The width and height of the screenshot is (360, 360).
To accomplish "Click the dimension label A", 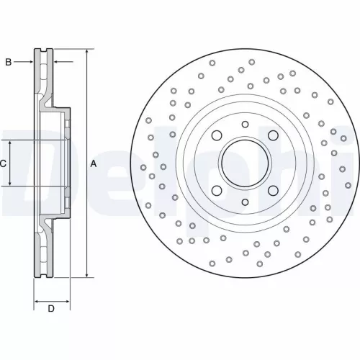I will [x=94, y=164].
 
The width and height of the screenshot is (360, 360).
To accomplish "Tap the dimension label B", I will [x=9, y=62].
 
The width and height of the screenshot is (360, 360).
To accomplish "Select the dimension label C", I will [x=3, y=164].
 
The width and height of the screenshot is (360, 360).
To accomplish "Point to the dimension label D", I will [x=51, y=310].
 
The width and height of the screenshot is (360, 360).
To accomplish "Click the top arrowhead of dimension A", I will [x=86, y=53].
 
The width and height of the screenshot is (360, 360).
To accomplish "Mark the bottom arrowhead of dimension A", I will [x=86, y=274].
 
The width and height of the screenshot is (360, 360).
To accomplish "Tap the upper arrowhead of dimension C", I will [x=11, y=143].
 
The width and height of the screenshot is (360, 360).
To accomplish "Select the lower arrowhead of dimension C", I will [x=11, y=184].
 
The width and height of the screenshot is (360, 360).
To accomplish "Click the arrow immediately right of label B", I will [x=29, y=62].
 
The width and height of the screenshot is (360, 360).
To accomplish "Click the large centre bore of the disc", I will [x=245, y=163].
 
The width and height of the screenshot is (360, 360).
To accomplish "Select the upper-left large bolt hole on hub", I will [x=216, y=136].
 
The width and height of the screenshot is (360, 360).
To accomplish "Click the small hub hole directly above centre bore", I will [x=245, y=125].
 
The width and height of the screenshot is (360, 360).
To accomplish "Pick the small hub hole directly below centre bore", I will [x=245, y=203].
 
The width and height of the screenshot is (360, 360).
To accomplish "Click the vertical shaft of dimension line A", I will [x=86, y=216].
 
